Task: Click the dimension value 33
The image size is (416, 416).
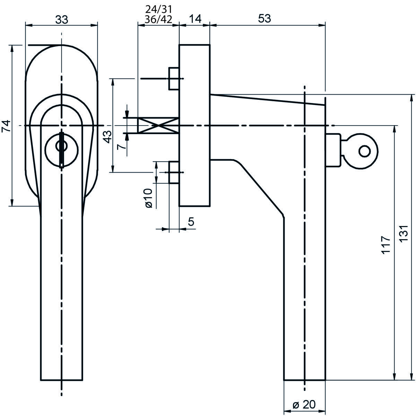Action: [62, 20]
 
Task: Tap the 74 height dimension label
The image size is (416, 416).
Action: [6, 126]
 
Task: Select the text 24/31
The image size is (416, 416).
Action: [159, 9]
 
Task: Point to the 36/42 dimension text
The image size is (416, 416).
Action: [158, 20]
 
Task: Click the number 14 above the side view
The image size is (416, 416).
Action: [196, 19]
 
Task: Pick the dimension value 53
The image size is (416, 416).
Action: [265, 19]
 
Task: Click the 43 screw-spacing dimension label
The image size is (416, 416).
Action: [108, 137]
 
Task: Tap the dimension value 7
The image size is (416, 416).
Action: [122, 147]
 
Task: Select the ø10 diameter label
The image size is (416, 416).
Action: [148, 198]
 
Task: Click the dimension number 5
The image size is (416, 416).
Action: [191, 222]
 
